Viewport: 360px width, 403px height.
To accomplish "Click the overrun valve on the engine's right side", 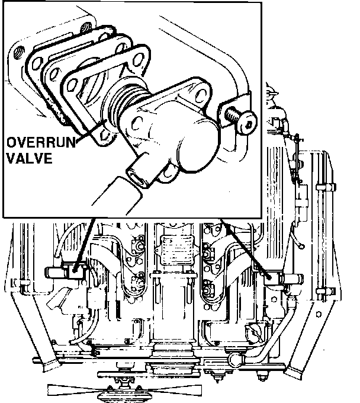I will [x=269, y=277].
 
